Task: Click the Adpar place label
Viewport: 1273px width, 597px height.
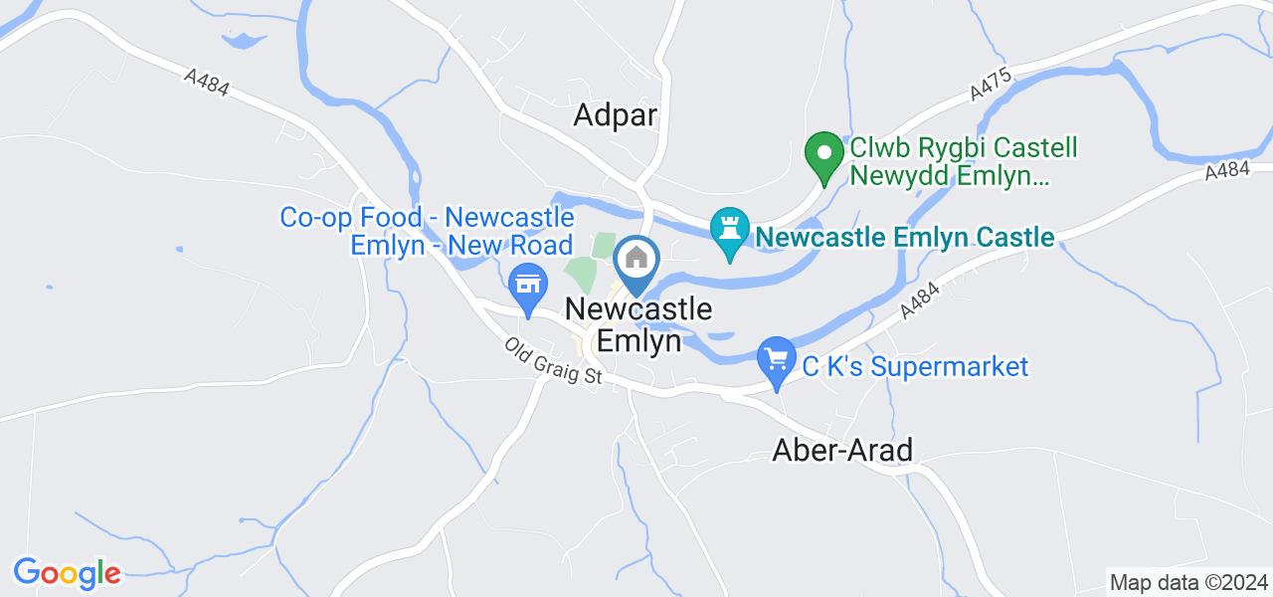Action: (616, 115)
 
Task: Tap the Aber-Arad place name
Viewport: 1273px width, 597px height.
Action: (842, 451)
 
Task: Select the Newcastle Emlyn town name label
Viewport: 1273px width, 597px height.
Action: (637, 324)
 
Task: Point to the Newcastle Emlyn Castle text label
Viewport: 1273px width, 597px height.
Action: (904, 237)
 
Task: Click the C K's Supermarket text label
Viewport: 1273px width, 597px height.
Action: (915, 366)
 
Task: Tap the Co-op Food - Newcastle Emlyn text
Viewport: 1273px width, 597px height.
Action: (428, 230)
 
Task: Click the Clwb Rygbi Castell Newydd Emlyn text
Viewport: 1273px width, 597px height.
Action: (963, 163)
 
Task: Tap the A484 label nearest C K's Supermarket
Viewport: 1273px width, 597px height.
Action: (921, 298)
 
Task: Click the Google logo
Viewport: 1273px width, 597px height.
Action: (67, 573)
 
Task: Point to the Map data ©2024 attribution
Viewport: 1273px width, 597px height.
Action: (1189, 582)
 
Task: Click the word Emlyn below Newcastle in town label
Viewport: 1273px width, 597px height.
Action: (637, 341)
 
